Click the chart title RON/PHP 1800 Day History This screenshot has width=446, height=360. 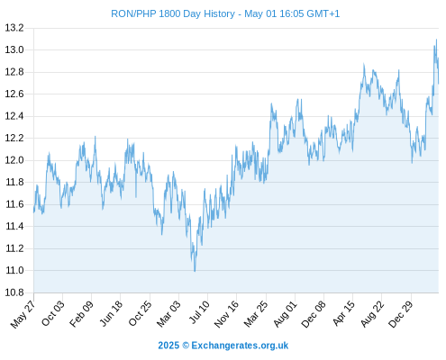pyautogui.click(x=173, y=13)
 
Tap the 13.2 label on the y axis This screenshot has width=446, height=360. pyautogui.click(x=14, y=28)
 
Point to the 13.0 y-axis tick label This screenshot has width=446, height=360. pyautogui.click(x=14, y=49)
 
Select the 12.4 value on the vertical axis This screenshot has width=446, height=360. pyautogui.click(x=14, y=116)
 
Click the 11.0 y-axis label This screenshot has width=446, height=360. pyautogui.click(x=14, y=270)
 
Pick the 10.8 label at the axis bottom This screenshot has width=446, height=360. pyautogui.click(x=14, y=292)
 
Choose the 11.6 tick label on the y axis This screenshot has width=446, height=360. pyautogui.click(x=14, y=204)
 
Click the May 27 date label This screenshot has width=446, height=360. pyautogui.click(x=23, y=314)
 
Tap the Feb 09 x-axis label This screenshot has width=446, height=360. pyautogui.click(x=81, y=313)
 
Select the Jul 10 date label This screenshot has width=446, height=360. pyautogui.click(x=199, y=312)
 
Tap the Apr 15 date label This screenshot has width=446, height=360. pyautogui.click(x=343, y=313)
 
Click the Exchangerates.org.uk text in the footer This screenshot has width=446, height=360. pyautogui.click(x=240, y=346)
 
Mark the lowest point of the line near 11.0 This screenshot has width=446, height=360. pyautogui.click(x=195, y=271)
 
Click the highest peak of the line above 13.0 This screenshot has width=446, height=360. pyautogui.click(x=436, y=40)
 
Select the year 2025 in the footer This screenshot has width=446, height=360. pyautogui.click(x=168, y=346)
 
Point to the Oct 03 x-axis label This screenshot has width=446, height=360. pyautogui.click(x=52, y=313)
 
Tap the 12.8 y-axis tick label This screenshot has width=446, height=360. pyautogui.click(x=14, y=72)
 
